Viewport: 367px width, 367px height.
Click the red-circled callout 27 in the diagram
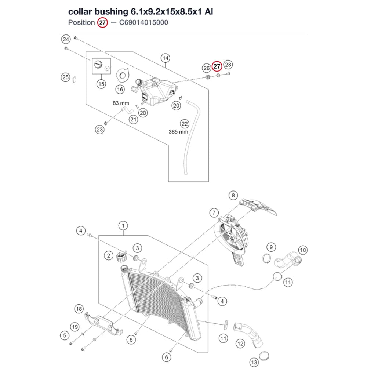217,66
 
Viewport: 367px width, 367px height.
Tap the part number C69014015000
143,22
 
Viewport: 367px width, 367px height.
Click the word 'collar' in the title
80,11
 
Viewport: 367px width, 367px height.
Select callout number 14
165,58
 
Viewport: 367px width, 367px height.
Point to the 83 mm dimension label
121,103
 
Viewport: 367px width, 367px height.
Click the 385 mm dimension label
178,132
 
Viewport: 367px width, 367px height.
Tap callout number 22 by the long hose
185,124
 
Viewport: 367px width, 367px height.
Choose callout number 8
233,195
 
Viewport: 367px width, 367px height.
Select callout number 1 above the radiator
123,226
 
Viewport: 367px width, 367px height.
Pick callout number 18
79,309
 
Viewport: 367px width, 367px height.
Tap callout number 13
254,362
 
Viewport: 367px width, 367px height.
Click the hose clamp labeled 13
264,356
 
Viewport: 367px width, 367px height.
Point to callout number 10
303,250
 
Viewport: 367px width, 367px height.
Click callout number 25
66,77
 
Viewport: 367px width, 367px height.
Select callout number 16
120,89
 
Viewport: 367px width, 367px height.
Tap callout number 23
100,130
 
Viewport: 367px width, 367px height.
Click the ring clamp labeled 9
266,258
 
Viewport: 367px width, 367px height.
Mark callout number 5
65,335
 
